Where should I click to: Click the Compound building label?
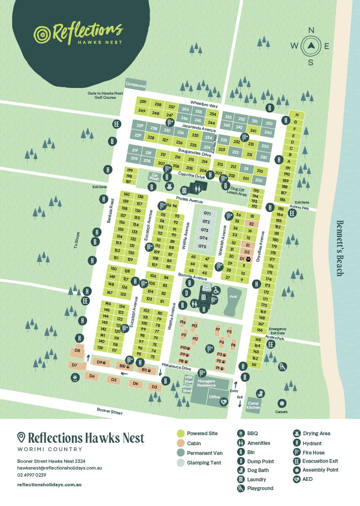pyautogui.click(x=136, y=85)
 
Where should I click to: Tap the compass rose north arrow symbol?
pyautogui.click(x=311, y=46)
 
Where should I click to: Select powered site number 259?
pyautogui.click(x=142, y=102)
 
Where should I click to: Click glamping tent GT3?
pyautogui.click(x=205, y=230)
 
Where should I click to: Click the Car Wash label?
pyautogui.click(x=154, y=177)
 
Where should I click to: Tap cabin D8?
pyautogui.click(x=77, y=351)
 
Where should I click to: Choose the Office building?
pyautogui.click(x=215, y=397)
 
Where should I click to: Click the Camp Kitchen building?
pyautogui.click(x=254, y=405)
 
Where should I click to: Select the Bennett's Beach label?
pyautogui.click(x=340, y=248)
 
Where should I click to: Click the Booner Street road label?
pyautogui.click(x=110, y=411)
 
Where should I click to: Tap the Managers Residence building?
pyautogui.click(x=206, y=383)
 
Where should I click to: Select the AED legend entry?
pyautogui.click(x=308, y=479)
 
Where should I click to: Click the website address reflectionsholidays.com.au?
pyautogui.click(x=49, y=484)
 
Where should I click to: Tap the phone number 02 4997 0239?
pyautogui.click(x=32, y=475)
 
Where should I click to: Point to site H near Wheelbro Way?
pyautogui.click(x=297, y=115)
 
